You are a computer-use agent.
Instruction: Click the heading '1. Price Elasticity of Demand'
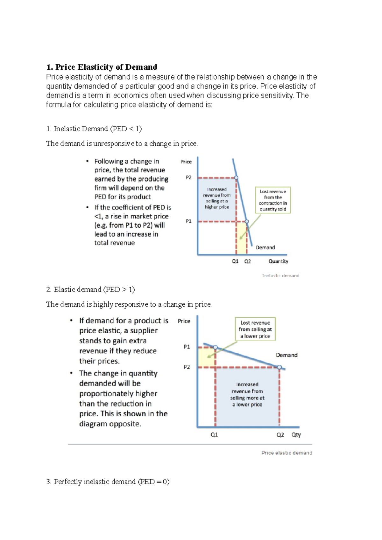[102, 67]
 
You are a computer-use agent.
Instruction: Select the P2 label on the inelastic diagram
[189, 177]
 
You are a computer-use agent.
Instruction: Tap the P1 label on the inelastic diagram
[189, 221]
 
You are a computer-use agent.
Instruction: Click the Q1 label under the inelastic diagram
[235, 261]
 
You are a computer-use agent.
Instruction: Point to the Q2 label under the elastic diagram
[280, 435]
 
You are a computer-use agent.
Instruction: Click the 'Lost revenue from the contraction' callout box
[273, 200]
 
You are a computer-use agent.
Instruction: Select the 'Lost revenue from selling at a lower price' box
[255, 329]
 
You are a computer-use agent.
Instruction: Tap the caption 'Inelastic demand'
[280, 276]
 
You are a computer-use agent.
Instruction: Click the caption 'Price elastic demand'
[286, 453]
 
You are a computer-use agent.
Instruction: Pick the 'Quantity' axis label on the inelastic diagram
[278, 261]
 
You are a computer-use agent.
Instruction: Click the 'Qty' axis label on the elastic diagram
[296, 435]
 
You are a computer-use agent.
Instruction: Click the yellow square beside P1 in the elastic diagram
[206, 357]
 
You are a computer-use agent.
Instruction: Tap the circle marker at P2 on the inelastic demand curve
[236, 178]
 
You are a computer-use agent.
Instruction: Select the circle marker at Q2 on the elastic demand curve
[279, 367]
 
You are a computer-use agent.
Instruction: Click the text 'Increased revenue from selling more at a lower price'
[247, 394]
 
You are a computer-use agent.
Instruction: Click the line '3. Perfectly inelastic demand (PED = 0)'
[108, 482]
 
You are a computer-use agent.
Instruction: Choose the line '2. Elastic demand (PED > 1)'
[90, 290]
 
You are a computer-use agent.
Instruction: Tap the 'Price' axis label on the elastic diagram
[184, 321]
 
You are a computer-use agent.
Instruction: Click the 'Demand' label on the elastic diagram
[286, 355]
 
